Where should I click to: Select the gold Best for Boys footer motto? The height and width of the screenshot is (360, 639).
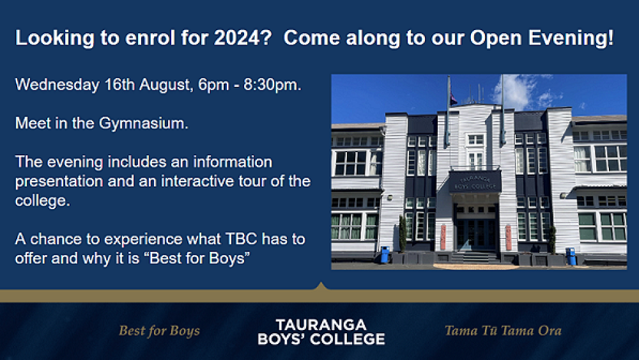coord(159,331)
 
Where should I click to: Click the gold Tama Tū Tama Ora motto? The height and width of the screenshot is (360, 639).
coord(503,331)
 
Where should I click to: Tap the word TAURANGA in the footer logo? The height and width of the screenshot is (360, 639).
coord(321,324)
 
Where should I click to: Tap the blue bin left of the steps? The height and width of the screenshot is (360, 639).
coord(384,254)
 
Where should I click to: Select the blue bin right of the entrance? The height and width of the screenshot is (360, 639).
coord(571,256)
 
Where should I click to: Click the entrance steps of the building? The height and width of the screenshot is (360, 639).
coord(475,256)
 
